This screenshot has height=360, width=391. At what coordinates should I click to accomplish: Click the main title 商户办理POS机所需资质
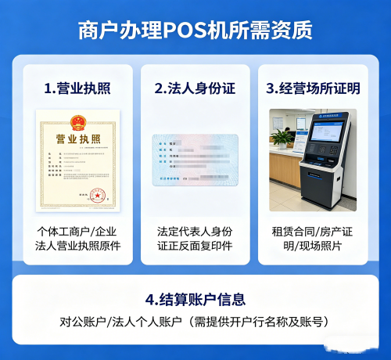coord(195,30)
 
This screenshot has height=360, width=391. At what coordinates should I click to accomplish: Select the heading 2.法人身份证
coord(195,88)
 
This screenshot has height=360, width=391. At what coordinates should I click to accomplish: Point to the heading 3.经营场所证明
coord(313,88)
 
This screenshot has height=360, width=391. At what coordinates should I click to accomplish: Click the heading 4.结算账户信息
coord(195,299)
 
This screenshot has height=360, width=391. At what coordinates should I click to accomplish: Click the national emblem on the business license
coord(77,121)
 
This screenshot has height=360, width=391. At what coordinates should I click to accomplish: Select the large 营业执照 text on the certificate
coord(77,139)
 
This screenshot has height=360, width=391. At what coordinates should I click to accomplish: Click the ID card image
coord(195,160)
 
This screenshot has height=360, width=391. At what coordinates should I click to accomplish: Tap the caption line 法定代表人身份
coord(195,232)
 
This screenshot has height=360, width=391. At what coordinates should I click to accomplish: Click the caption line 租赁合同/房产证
coord(313,232)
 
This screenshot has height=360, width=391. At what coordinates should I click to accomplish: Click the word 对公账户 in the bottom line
coord(81,322)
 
